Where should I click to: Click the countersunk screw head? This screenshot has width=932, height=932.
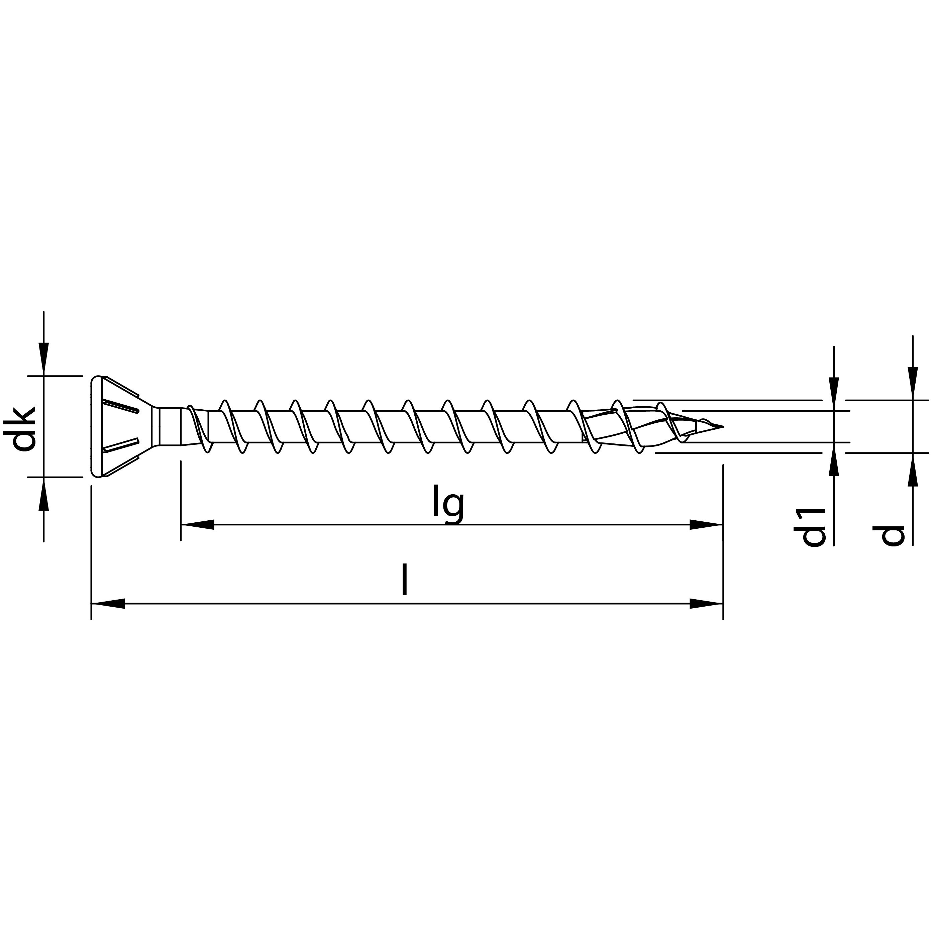pos(116,426)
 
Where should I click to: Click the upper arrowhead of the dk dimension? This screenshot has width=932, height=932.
pos(44,359)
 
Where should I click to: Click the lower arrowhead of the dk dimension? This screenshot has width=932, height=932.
pos(44,493)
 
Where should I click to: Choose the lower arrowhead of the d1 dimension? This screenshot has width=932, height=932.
pos(834,458)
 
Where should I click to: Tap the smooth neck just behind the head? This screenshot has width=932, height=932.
pos(170,426)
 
